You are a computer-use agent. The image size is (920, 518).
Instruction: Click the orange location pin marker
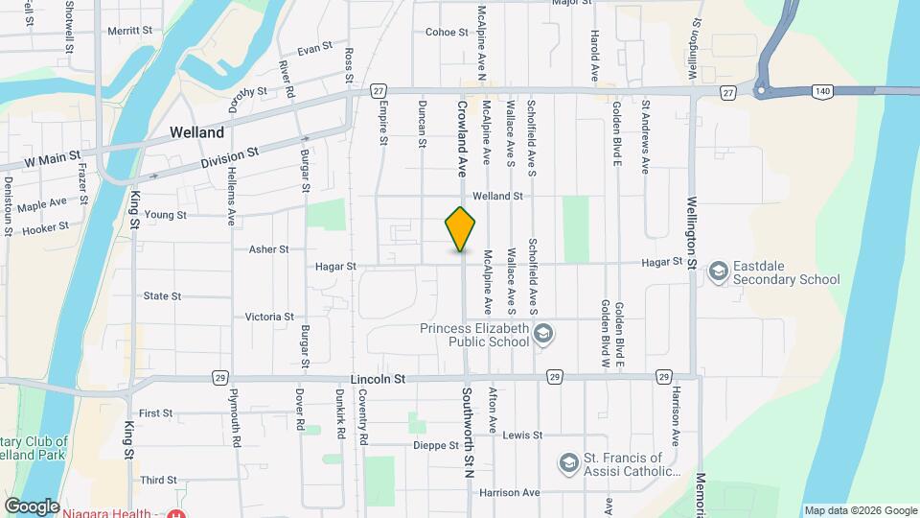pos(461,228)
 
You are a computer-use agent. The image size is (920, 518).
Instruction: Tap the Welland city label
pos(196,132)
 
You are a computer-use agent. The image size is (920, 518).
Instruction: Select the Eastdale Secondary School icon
pos(718,272)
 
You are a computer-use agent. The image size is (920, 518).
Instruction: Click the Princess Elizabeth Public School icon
pos(543,334)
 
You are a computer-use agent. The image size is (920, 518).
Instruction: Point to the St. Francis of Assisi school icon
pos(568,463)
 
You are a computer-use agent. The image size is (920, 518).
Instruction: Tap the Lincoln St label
pos(379,379)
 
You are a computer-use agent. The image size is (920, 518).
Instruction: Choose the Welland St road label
pos(496,196)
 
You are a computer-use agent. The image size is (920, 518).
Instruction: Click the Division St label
pos(230,158)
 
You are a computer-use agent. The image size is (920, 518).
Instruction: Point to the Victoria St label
pos(269,317)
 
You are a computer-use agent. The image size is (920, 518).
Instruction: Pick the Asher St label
pos(269,249)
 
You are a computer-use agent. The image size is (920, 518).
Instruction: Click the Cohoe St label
pos(447,32)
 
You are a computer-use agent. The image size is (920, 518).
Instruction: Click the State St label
pos(162,296)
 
